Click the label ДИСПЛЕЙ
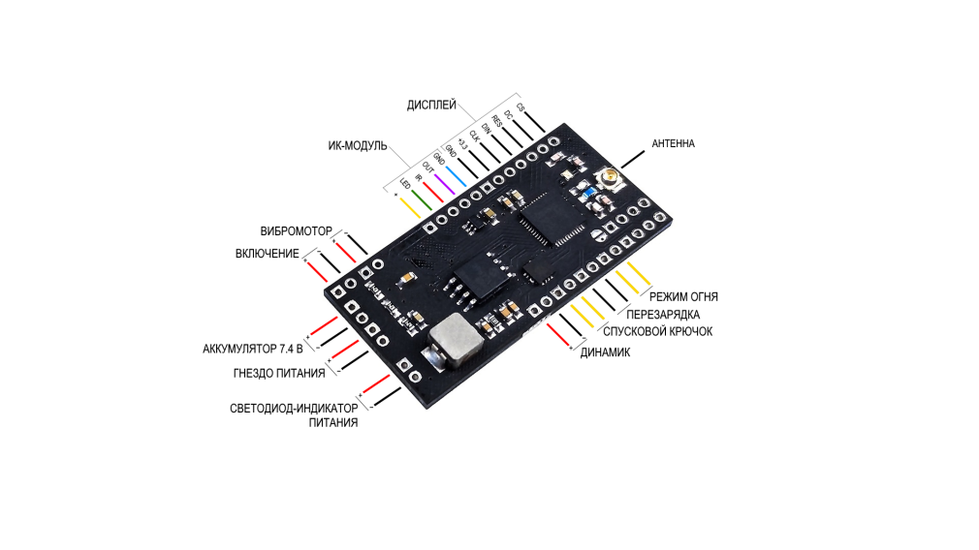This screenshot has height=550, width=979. click(x=432, y=104)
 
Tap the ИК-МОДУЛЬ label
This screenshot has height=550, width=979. click(x=356, y=146)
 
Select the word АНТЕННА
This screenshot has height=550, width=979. click(x=673, y=143)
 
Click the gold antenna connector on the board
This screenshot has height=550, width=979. click(x=612, y=177)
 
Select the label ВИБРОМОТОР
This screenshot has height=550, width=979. click(x=296, y=231)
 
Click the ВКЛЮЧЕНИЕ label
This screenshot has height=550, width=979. click(x=268, y=253)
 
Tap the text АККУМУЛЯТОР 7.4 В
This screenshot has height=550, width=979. click(x=253, y=348)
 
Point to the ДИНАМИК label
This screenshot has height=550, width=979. click(x=605, y=352)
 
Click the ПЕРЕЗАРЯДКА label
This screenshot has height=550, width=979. click(x=663, y=315)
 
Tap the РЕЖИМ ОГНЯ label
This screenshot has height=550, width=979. click(x=683, y=296)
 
